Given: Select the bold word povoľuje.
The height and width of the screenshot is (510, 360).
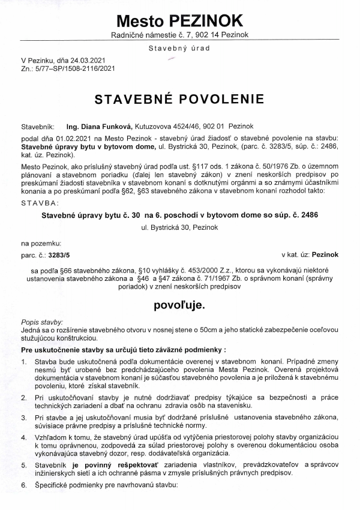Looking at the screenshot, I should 179,305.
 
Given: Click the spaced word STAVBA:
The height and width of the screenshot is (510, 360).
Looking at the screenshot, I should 38,203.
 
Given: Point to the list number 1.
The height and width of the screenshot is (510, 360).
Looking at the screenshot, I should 23,362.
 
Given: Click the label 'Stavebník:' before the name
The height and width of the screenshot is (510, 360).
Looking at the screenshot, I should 38,127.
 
